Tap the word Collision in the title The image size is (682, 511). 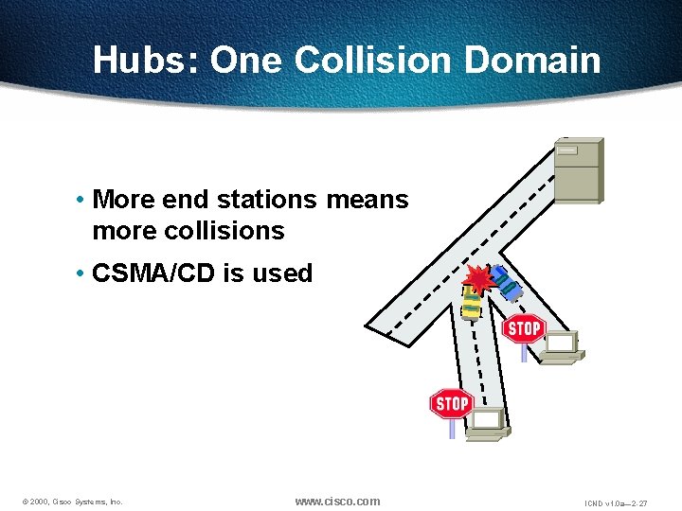[374, 60]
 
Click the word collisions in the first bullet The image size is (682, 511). [224, 231]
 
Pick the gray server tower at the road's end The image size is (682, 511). [578, 169]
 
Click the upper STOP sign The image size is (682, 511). [523, 328]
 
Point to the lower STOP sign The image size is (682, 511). [451, 403]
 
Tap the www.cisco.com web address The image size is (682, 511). [337, 501]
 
